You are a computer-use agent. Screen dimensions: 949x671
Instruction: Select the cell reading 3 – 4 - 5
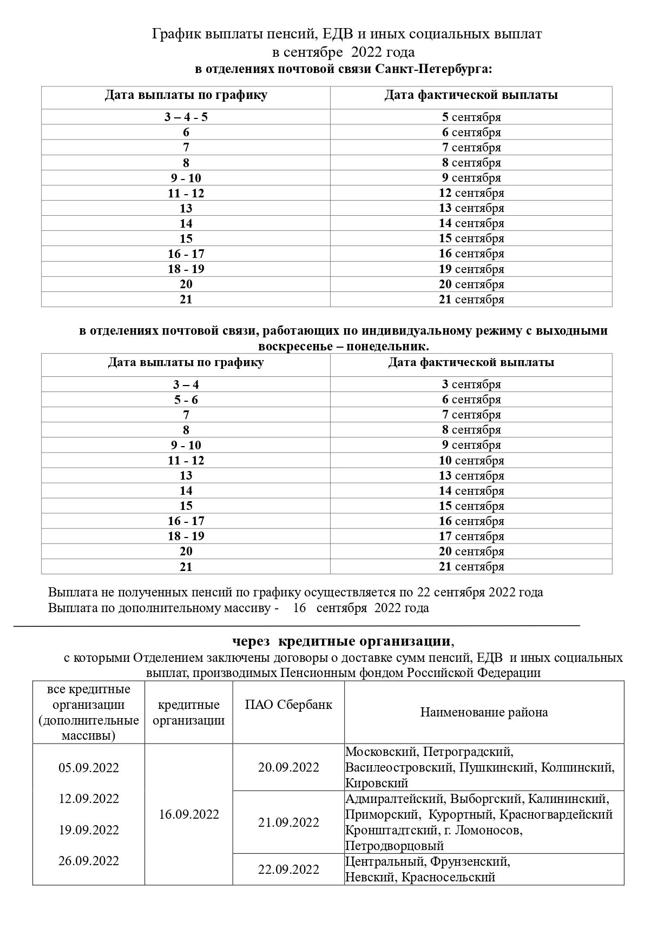[186, 117]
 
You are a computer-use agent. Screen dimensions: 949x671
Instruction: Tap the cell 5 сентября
[471, 117]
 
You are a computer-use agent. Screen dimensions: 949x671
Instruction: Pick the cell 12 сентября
[471, 193]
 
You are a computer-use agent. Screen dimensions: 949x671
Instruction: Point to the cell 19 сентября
[471, 269]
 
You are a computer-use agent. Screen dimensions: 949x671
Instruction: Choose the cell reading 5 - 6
[186, 400]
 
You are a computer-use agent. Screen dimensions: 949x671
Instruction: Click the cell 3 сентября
[471, 384]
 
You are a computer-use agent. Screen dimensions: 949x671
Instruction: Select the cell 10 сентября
[471, 461]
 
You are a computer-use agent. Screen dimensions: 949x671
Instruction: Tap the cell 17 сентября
[471, 536]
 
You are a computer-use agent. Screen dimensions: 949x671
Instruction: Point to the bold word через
[253, 641]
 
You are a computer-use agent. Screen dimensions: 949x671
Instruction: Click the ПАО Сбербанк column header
[288, 705]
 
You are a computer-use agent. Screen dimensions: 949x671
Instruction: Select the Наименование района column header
[484, 712]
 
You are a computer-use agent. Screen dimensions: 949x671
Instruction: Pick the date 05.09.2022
[89, 768]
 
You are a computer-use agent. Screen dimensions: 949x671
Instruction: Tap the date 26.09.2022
[89, 861]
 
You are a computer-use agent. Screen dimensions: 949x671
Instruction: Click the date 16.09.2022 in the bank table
[189, 814]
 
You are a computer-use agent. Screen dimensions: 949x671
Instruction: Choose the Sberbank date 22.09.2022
[288, 870]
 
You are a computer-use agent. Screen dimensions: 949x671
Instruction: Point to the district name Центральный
[381, 861]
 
